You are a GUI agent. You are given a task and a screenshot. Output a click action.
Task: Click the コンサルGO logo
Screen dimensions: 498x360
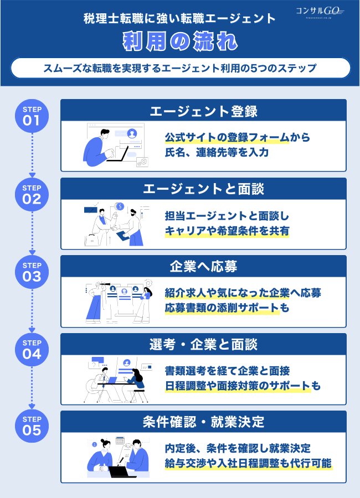320,12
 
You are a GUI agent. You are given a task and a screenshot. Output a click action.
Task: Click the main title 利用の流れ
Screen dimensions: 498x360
180,41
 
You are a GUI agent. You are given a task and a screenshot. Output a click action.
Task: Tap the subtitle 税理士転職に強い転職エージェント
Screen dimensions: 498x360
180,18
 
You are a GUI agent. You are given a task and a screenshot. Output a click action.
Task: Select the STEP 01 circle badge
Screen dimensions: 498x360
32,116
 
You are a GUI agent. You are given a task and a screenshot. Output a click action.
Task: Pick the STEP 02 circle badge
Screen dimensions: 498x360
32,195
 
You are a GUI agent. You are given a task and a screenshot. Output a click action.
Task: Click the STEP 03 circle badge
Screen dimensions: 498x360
32,272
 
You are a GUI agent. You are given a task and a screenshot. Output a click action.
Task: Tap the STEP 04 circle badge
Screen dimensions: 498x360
32,350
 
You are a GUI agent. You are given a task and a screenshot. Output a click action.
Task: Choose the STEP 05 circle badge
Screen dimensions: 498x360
32,427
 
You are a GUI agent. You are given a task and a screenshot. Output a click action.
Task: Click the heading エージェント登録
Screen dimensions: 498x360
203,111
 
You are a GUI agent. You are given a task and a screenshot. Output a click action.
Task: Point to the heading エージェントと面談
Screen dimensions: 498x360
203,189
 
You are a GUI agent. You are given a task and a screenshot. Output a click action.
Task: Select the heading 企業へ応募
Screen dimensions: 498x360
203,267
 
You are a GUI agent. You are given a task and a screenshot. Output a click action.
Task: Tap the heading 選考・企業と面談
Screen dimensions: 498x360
203,345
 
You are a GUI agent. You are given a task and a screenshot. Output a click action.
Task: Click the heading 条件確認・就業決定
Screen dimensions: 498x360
203,422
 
